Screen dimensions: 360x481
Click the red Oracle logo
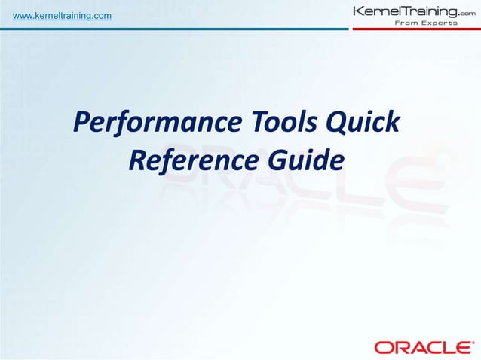click(420, 347)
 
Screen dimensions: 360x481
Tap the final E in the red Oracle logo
click(455, 347)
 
